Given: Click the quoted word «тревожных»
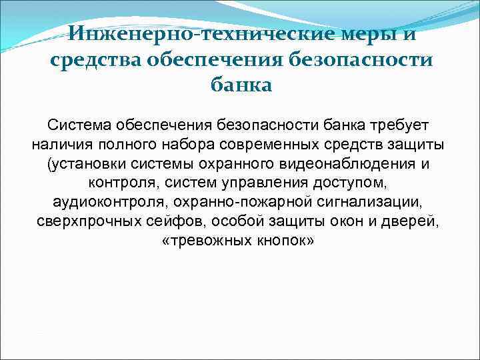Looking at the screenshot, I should point(206,241).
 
